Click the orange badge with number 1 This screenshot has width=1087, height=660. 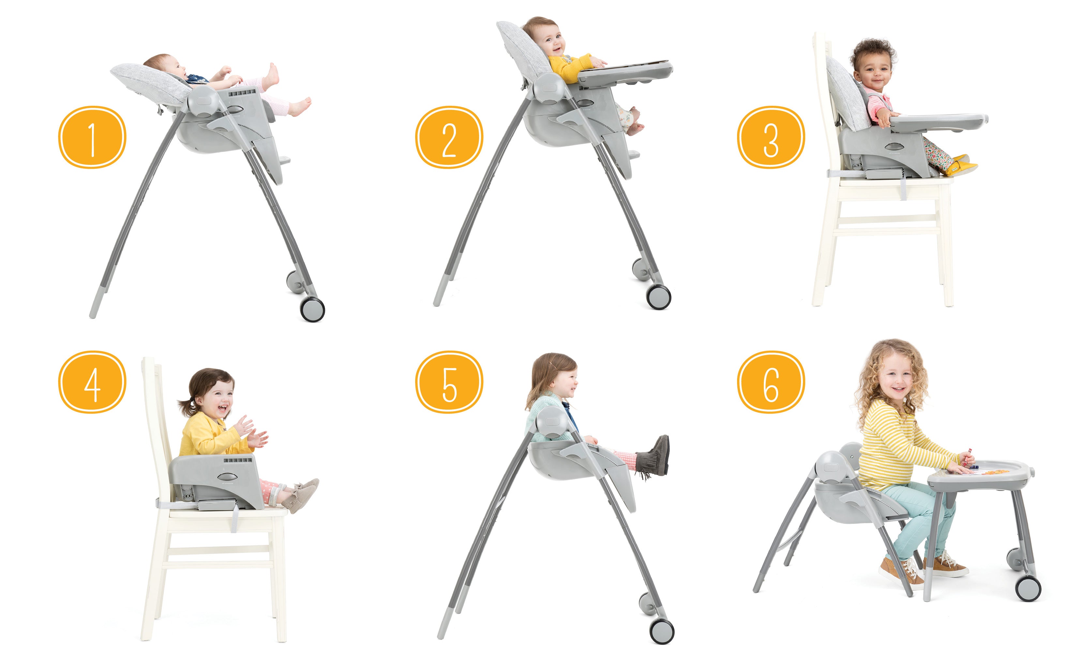92,137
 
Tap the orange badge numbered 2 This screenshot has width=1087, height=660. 449,137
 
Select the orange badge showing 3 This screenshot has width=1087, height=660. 771,137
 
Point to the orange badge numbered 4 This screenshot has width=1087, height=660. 92,382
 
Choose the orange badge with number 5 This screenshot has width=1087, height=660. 449,382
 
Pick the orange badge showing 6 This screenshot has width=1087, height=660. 771,382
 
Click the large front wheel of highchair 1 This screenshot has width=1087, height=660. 312,309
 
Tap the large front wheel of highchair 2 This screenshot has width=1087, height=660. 659,297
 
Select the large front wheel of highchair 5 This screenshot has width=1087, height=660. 662,631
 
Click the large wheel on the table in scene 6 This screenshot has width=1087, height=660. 1028,589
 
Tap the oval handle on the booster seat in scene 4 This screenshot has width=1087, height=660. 227,477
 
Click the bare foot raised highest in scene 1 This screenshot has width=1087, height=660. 272,75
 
